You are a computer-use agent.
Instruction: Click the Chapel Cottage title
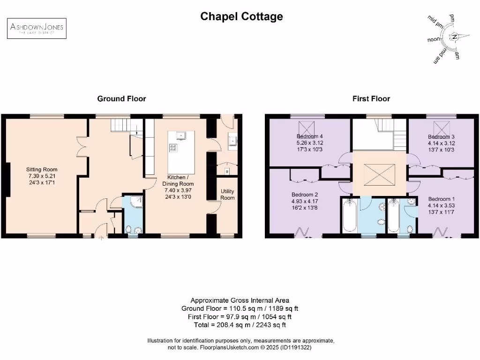pyautogui.click(x=241, y=16)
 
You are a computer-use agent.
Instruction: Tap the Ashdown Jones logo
pyautogui.click(x=37, y=28)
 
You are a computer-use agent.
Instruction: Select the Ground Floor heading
pyautogui.click(x=121, y=98)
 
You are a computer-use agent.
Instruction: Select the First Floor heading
pyautogui.click(x=371, y=98)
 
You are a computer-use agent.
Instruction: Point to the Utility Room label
pyautogui.click(x=227, y=195)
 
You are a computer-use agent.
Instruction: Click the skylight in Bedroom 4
pyautogui.click(x=307, y=127)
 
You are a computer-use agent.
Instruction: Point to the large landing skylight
pyautogui.click(x=378, y=174)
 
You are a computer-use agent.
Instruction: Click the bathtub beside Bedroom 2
pyautogui.click(x=349, y=216)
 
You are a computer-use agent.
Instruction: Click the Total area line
pyautogui.click(x=240, y=324)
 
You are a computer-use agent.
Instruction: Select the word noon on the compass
pyautogui.click(x=434, y=39)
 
